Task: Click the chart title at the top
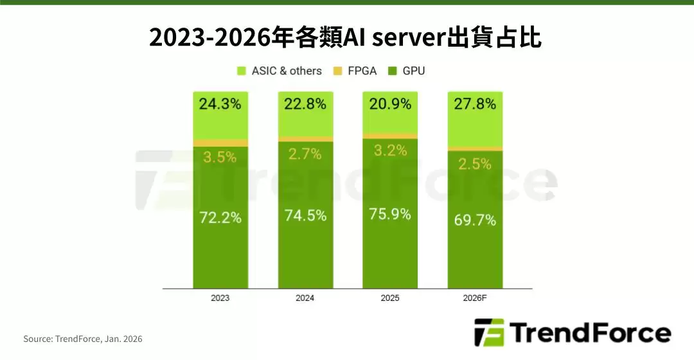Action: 346,38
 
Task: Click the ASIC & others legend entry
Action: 279,71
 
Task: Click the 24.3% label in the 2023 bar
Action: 220,104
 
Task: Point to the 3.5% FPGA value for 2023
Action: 220,157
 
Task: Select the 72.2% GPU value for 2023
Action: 220,217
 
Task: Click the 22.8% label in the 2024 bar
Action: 305,104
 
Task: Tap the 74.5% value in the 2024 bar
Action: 305,215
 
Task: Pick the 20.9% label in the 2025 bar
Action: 390,104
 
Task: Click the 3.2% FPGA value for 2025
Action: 390,151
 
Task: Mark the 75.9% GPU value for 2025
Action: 390,214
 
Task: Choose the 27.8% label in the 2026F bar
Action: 475,104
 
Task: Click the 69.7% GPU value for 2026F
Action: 475,220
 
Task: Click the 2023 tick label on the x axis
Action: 220,298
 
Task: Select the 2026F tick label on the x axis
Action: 475,298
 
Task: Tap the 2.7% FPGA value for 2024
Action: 305,154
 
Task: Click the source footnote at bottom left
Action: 83,339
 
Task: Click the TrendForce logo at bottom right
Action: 572,334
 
